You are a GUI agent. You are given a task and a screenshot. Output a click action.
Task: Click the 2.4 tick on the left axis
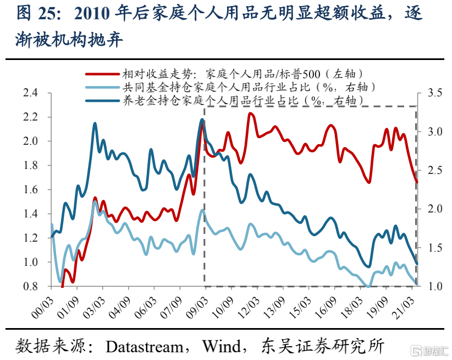tap(30, 93)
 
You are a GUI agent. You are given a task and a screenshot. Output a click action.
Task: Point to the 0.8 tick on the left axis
tap(30, 286)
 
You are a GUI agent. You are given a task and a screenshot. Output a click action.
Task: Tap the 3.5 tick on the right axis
tap(435, 93)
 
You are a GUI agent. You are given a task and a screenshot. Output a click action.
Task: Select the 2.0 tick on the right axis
tap(435, 209)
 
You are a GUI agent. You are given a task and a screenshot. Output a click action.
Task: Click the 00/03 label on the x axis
tap(42, 308)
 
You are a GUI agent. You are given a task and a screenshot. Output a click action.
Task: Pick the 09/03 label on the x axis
tap(197, 308)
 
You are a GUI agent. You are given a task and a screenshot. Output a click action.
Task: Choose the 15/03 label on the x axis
tap(300, 308)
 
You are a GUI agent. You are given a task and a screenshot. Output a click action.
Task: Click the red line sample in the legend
tap(102, 74)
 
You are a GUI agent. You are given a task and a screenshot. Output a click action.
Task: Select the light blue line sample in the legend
tap(102, 87)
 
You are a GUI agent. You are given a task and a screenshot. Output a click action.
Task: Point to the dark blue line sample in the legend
tap(102, 101)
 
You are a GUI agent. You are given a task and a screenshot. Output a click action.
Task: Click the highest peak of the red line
tap(251, 113)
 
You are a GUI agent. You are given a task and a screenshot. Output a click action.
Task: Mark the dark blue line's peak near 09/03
tap(202, 119)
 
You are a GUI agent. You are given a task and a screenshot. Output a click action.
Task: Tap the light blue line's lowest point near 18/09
tap(368, 286)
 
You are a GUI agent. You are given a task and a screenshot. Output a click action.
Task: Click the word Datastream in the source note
tap(145, 346)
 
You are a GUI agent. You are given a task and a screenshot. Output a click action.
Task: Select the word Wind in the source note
tap(222, 346)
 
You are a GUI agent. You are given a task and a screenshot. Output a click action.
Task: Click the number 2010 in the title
tap(92, 14)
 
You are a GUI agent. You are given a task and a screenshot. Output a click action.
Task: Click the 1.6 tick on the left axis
tap(30, 189)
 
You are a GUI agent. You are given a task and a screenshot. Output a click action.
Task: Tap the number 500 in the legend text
tap(311, 74)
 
